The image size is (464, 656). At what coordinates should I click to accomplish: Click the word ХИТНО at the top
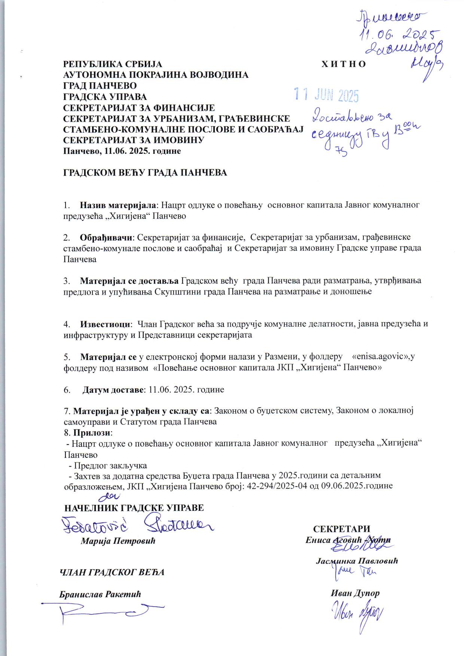pyautogui.click(x=344, y=64)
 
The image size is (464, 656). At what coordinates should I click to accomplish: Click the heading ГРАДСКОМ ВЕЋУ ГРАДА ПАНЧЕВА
pyautogui.click(x=145, y=173)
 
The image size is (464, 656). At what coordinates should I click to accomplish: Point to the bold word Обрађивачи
pyautogui.click(x=107, y=237)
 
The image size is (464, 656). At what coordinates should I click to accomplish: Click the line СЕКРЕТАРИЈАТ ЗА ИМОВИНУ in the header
pyautogui.click(x=134, y=140)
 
